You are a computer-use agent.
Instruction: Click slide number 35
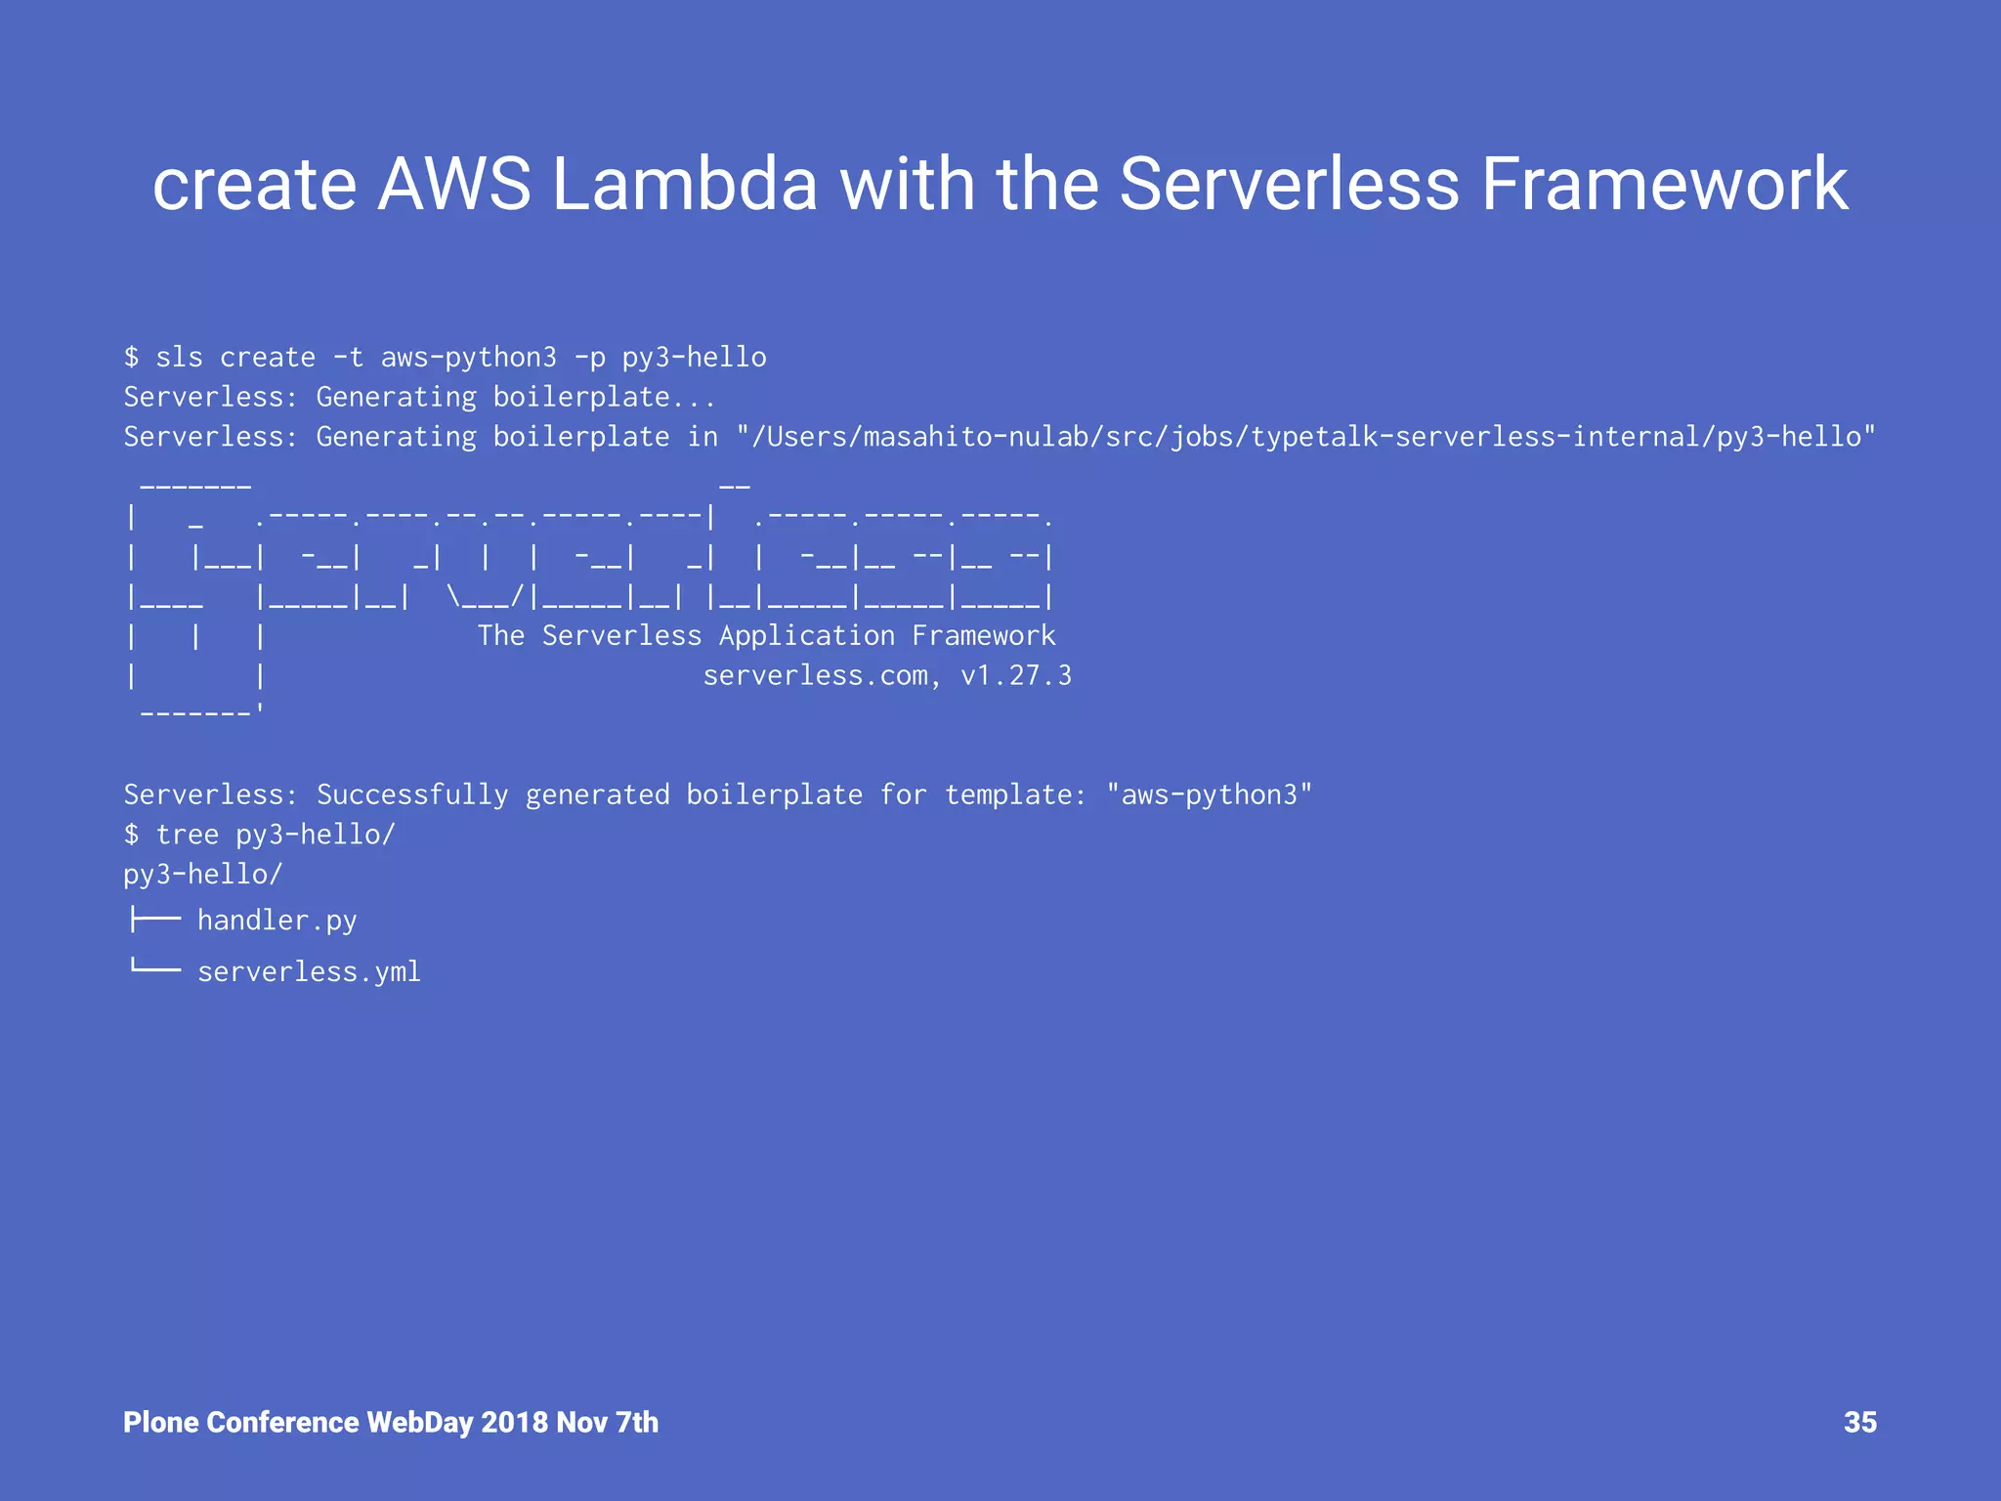point(1859,1422)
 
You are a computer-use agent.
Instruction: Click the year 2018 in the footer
point(514,1422)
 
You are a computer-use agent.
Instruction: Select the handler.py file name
point(277,921)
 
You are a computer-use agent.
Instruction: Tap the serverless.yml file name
point(309,972)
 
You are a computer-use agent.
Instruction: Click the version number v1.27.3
point(1016,676)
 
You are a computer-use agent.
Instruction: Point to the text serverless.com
point(816,676)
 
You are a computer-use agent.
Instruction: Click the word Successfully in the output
point(412,795)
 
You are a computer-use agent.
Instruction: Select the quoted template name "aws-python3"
point(1209,795)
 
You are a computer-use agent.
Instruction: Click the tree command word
point(188,835)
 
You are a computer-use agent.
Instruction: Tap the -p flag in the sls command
point(590,358)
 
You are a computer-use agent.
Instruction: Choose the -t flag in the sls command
point(349,358)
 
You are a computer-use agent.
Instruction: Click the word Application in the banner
point(807,636)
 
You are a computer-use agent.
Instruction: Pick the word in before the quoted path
point(702,437)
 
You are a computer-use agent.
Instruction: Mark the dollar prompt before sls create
point(132,358)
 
